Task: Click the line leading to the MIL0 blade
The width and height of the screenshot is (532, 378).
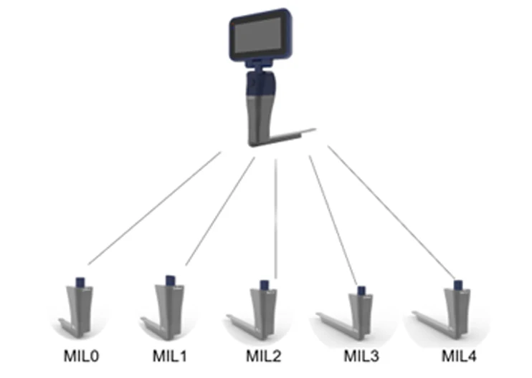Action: point(154,208)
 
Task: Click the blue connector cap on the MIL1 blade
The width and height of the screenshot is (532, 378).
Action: point(171,279)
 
